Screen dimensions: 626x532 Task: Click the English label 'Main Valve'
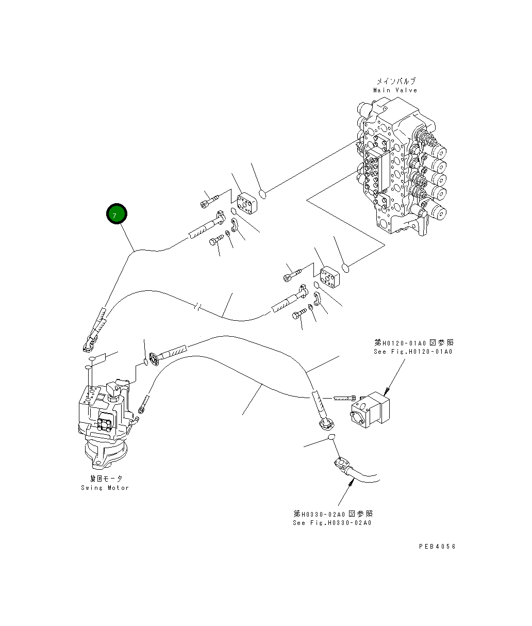click(x=395, y=90)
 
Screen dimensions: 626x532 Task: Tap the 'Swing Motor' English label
click(x=105, y=488)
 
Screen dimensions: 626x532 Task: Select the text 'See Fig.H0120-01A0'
click(x=413, y=352)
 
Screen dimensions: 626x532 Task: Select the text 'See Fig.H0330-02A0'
click(x=332, y=523)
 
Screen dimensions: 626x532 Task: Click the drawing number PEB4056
click(x=437, y=547)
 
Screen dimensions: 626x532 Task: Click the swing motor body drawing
click(x=103, y=418)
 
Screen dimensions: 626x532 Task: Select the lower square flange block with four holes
click(x=330, y=277)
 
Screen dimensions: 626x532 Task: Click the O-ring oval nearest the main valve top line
click(x=262, y=194)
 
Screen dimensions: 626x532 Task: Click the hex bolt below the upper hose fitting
click(x=217, y=240)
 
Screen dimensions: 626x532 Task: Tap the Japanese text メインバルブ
click(x=395, y=81)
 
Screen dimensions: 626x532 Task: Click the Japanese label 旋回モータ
click(x=106, y=479)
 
